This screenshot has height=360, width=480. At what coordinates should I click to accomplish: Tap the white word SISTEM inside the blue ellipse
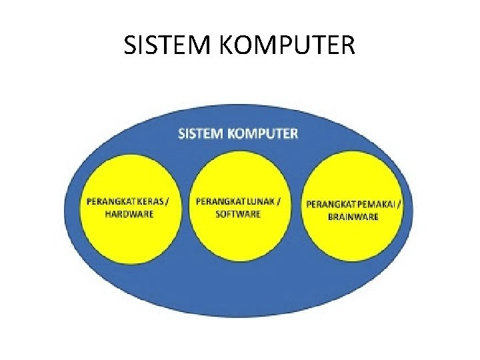[201, 133]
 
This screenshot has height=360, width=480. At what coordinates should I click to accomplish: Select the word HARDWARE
[129, 214]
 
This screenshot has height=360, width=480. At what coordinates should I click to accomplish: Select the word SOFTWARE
[239, 214]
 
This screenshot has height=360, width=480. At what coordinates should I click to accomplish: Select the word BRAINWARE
[353, 216]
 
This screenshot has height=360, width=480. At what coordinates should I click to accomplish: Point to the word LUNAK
[262, 201]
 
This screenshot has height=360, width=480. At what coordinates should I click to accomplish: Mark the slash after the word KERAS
[176, 201]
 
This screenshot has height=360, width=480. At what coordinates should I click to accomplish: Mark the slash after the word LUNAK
[280, 201]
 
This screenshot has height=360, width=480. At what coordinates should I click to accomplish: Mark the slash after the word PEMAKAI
[399, 203]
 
